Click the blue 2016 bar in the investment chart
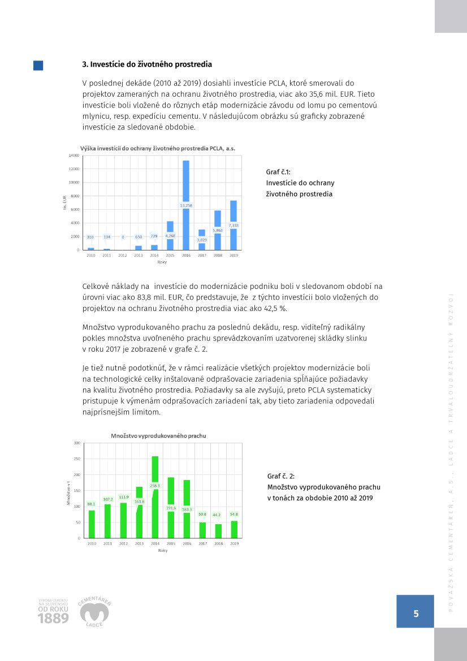pos(186,181)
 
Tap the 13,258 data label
pos(186,205)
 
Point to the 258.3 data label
pos(155,485)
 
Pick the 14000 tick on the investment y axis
pos(73,155)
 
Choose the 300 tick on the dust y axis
pos(76,443)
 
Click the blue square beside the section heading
pos(38,66)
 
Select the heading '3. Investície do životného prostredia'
pos(148,64)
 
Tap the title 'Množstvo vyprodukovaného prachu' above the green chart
pos(158,436)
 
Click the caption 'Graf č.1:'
pos(278,172)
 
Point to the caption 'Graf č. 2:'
pos(281,476)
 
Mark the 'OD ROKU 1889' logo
pos(53,611)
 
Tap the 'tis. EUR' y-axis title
pos(64,202)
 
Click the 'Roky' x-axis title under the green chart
pos(163,550)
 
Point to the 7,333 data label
pos(233,225)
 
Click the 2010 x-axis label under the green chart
pos(92,543)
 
